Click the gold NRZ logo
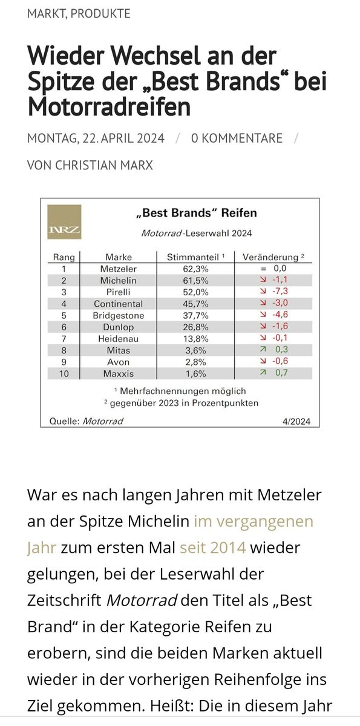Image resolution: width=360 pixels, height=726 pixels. (64, 222)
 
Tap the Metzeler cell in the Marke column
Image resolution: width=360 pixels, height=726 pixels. (118, 269)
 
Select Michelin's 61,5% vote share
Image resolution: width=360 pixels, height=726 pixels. (195, 281)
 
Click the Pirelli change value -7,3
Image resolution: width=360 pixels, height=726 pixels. (280, 291)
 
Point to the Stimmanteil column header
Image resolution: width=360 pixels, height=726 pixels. (193, 257)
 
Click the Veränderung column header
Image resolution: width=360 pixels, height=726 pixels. (270, 257)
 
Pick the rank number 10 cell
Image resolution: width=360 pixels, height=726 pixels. (64, 374)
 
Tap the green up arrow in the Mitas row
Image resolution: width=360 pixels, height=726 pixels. (263, 350)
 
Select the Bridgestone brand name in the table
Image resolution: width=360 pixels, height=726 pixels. (118, 316)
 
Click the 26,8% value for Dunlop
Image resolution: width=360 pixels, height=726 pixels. (195, 327)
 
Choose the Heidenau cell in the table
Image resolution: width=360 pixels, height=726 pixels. (118, 339)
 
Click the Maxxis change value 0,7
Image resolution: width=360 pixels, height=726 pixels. (281, 373)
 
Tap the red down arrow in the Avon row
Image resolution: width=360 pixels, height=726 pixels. (263, 361)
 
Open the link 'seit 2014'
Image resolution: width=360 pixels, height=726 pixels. (213, 548)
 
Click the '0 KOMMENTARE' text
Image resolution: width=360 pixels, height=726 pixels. (237, 139)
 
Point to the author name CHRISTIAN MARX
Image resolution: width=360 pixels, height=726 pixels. (103, 165)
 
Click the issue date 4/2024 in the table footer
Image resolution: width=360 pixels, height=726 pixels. (296, 421)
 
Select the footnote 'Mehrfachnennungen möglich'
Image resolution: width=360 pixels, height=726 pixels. (183, 391)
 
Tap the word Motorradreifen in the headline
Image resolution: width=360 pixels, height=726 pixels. (109, 107)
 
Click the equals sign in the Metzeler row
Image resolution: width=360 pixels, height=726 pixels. (264, 269)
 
